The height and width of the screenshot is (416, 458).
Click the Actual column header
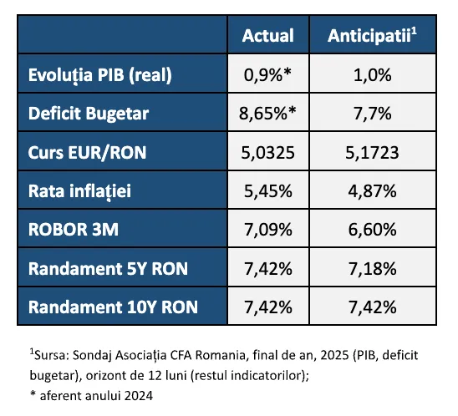[x=267, y=36]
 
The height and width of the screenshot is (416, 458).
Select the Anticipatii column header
[x=372, y=36]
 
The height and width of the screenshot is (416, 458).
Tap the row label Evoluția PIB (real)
[x=99, y=75]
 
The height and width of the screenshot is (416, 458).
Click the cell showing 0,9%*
[x=267, y=75]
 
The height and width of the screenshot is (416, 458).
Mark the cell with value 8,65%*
[x=267, y=114]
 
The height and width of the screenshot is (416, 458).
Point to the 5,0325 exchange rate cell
[x=267, y=152]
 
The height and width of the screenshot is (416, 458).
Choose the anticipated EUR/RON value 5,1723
[x=372, y=152]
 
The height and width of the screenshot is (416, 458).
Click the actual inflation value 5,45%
[x=267, y=190]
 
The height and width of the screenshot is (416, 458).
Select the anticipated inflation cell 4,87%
[x=372, y=190]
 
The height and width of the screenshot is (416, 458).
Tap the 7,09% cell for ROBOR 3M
[x=267, y=229]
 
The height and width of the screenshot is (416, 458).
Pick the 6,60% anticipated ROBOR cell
[x=372, y=229]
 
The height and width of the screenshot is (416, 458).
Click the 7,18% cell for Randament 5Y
[x=372, y=267]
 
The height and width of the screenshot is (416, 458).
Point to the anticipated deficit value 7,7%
[x=372, y=114]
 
